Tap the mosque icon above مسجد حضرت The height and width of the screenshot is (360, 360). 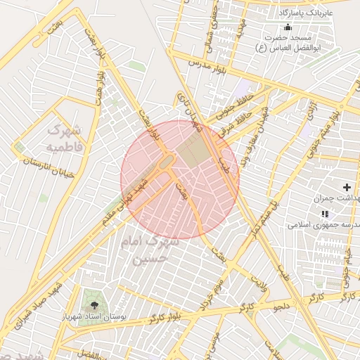(286, 27)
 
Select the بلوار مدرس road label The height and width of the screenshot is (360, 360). (208, 64)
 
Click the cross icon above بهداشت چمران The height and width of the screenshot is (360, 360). (346, 187)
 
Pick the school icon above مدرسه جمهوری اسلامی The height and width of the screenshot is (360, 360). (324, 213)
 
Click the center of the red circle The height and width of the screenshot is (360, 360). (180, 180)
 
